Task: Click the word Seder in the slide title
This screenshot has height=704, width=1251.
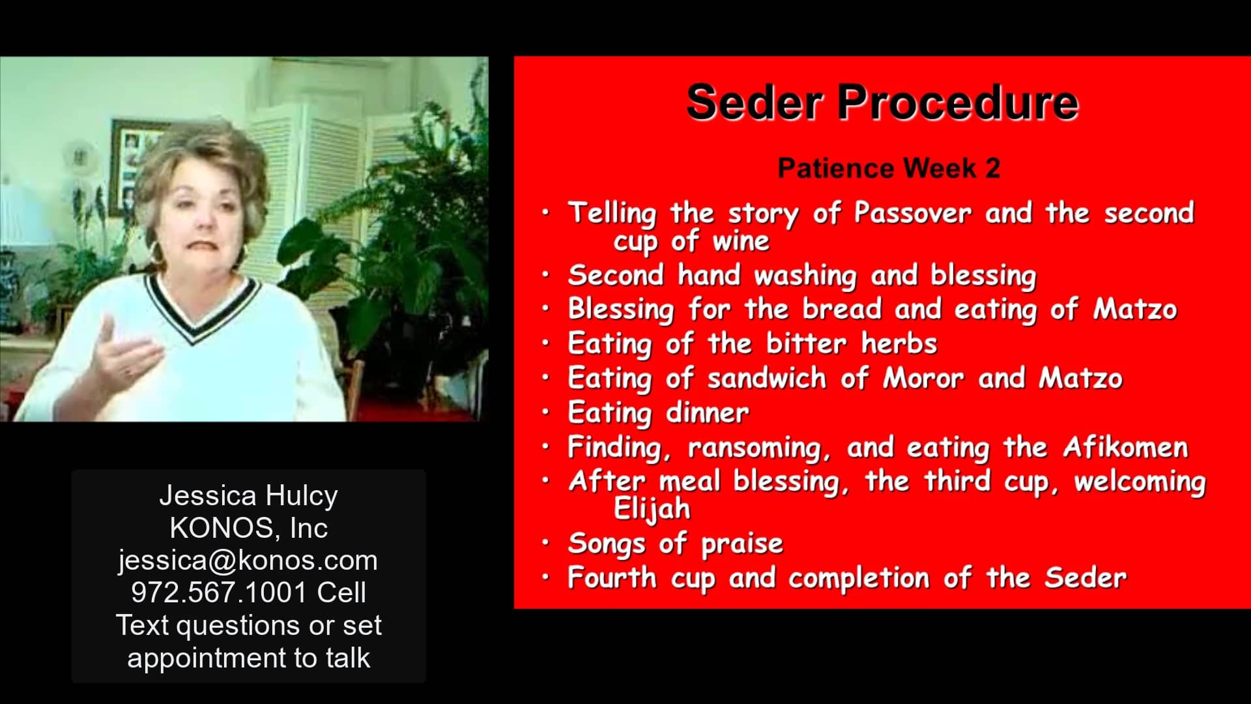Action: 755,103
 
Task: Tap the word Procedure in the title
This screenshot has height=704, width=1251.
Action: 958,103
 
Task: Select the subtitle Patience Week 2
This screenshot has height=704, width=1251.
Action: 889,168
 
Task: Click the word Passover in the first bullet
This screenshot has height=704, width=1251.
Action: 912,213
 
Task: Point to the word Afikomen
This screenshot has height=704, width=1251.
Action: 1125,447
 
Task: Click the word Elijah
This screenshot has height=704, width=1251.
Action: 652,509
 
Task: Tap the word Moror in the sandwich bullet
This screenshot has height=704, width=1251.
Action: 923,379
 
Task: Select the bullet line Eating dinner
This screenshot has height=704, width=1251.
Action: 658,413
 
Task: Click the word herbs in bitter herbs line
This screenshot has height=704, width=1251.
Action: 899,344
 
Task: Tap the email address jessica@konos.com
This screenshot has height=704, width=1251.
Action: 248,561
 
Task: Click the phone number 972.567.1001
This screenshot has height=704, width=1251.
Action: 219,593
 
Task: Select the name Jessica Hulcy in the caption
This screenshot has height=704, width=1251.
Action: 248,496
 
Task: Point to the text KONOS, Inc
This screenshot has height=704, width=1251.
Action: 248,528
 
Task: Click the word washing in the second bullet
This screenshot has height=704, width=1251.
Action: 805,276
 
